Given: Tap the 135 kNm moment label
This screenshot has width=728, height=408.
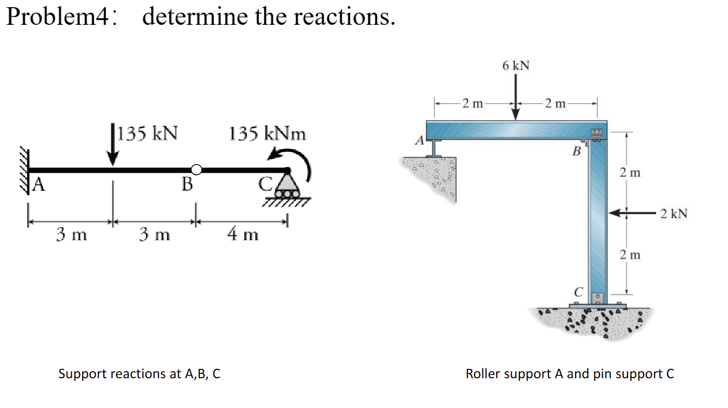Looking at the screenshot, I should pyautogui.click(x=267, y=133).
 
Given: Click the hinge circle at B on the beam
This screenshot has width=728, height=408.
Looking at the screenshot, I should pyautogui.click(x=195, y=169).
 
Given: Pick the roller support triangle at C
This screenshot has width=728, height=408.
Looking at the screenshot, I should pyautogui.click(x=286, y=182).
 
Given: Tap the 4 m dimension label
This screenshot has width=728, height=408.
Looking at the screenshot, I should pyautogui.click(x=242, y=235).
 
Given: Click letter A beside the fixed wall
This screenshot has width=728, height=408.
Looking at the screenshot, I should pyautogui.click(x=38, y=184).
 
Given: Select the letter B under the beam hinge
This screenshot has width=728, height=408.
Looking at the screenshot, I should pyautogui.click(x=187, y=184).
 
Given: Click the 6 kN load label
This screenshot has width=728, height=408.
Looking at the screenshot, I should pyautogui.click(x=516, y=66).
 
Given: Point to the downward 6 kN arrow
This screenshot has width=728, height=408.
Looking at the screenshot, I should pyautogui.click(x=516, y=96).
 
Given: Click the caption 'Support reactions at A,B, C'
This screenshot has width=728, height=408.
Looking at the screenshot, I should pyautogui.click(x=139, y=374).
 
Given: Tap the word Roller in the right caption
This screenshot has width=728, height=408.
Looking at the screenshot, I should pyautogui.click(x=482, y=374).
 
